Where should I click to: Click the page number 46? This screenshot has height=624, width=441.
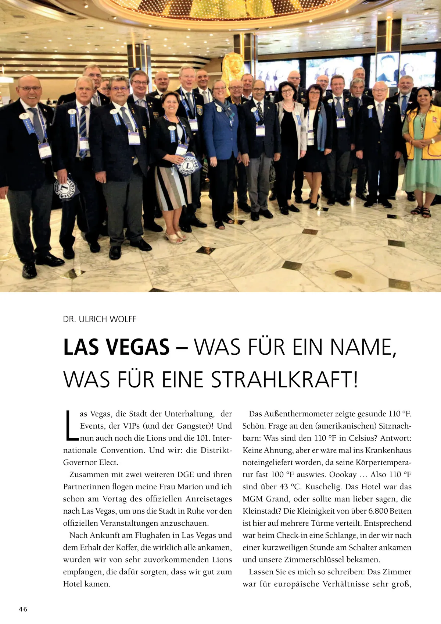[x=23, y=609]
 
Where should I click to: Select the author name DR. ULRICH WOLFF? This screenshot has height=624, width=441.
[x=100, y=319]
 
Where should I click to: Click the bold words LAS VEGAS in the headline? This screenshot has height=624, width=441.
[x=116, y=347]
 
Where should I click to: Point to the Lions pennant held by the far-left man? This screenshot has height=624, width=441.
[x=66, y=189]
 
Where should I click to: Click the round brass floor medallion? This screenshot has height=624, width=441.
[x=343, y=274]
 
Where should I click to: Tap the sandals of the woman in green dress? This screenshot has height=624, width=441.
[x=421, y=212]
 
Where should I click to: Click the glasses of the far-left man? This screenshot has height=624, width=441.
[x=29, y=89]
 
